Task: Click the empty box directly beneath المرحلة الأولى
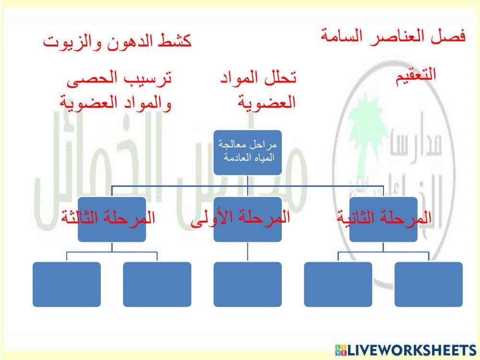247,284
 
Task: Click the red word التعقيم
416,75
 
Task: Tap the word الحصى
89,77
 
